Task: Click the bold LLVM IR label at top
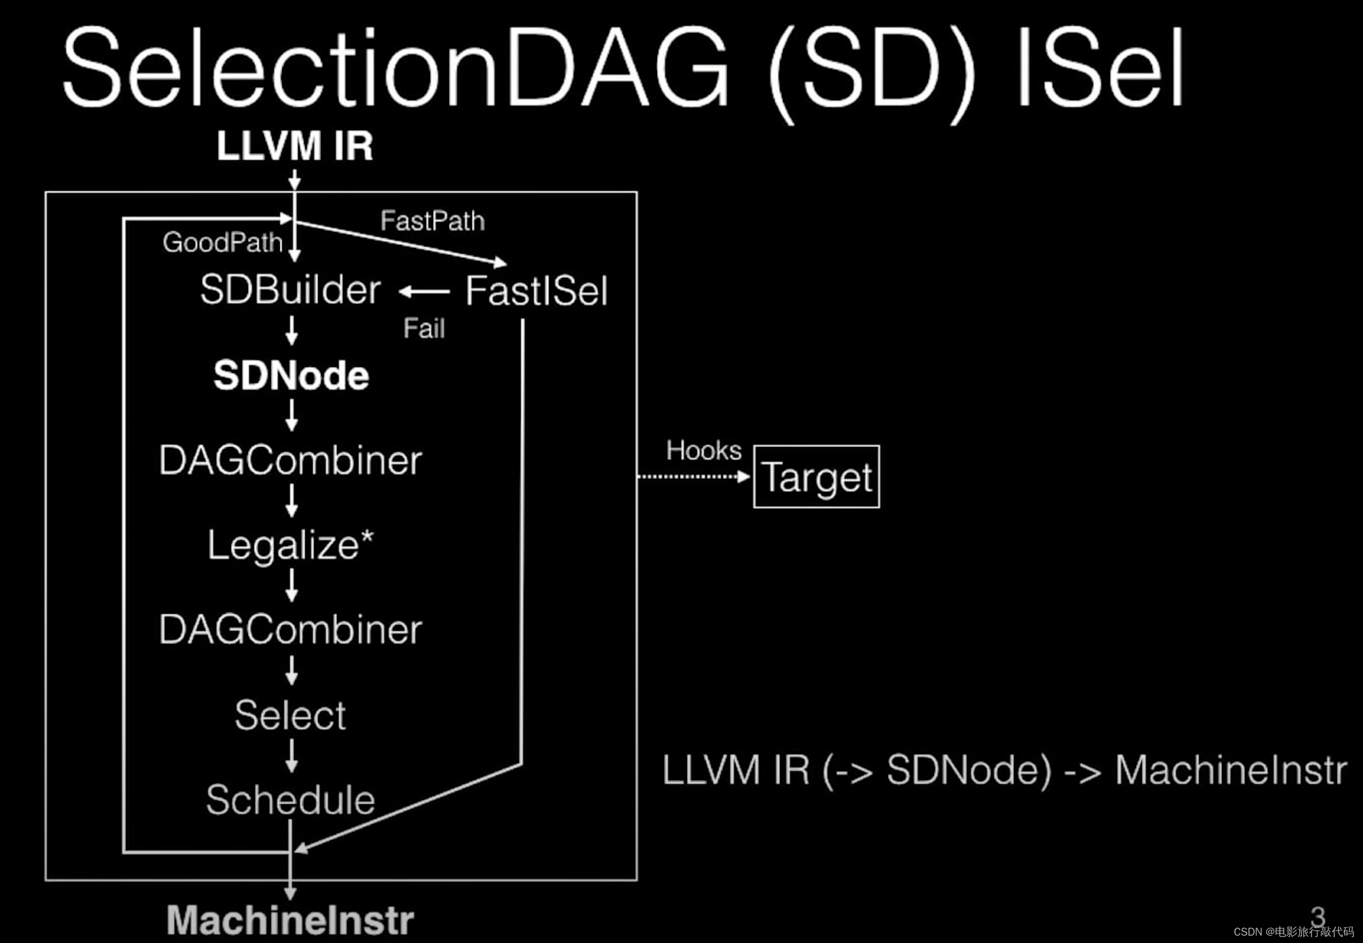[x=295, y=146]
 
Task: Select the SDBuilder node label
[x=290, y=290]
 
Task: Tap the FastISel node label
[x=536, y=291]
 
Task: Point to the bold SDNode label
[x=291, y=376]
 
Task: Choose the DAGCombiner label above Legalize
[x=291, y=460]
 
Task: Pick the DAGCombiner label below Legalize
[x=291, y=630]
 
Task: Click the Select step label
[x=290, y=715]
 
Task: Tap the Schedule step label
[x=290, y=800]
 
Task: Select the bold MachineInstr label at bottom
[x=290, y=920]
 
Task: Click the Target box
[x=816, y=477]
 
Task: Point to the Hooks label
[x=704, y=451]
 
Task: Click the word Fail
[x=424, y=329]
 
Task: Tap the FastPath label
[x=432, y=221]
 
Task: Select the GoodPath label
[x=223, y=242]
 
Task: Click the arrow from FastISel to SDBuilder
[x=424, y=291]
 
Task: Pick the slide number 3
[x=1317, y=917]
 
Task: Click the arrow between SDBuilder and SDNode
[x=291, y=330]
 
